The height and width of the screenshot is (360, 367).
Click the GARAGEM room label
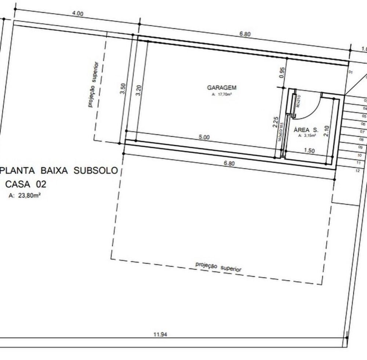coord(222,88)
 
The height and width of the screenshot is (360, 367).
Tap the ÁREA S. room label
coord(306,130)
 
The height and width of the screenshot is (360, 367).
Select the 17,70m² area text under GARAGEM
coord(222,95)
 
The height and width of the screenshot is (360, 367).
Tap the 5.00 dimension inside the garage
coord(204,137)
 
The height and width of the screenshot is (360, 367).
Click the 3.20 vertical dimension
coord(138,91)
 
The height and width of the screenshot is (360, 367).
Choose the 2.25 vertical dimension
coord(275,122)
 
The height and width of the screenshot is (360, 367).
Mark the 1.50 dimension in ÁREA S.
coord(310,151)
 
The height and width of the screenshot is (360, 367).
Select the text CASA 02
coord(25,184)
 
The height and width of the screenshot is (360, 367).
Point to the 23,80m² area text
coord(25,196)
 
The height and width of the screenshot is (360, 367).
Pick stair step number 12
coord(357,170)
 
